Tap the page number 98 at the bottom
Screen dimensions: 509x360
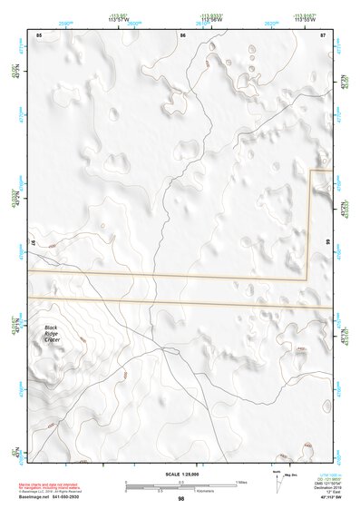(181, 499)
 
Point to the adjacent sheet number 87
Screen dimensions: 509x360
(323, 34)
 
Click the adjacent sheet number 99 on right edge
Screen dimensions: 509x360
(326, 242)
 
